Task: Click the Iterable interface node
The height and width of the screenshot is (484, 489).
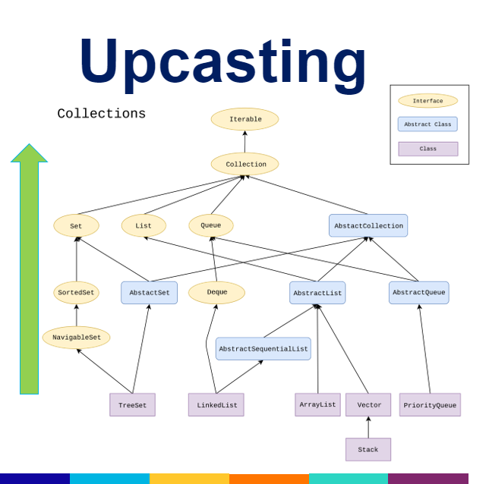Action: pyautogui.click(x=244, y=119)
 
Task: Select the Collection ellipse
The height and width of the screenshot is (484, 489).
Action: pyautogui.click(x=244, y=164)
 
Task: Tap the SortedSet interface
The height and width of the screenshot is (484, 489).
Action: pyautogui.click(x=76, y=293)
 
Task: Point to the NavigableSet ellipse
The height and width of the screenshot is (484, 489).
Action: pyautogui.click(x=76, y=338)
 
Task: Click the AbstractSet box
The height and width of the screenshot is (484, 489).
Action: pyautogui.click(x=149, y=293)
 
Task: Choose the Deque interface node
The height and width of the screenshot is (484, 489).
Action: pyautogui.click(x=216, y=293)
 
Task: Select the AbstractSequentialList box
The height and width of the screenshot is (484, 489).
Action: pyautogui.click(x=263, y=349)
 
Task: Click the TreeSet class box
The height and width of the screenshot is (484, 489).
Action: pyautogui.click(x=132, y=405)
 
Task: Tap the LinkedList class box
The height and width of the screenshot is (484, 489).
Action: pyautogui.click(x=216, y=405)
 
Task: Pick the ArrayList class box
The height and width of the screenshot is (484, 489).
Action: pyautogui.click(x=317, y=405)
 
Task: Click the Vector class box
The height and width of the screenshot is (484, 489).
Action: pyautogui.click(x=368, y=405)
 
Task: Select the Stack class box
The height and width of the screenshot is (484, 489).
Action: pyautogui.click(x=368, y=450)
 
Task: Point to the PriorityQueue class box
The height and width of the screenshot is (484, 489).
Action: pyautogui.click(x=430, y=405)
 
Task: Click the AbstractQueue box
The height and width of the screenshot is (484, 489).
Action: pyautogui.click(x=418, y=293)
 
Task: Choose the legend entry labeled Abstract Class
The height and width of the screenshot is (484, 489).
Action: pyautogui.click(x=427, y=124)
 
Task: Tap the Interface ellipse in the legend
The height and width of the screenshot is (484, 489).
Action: pyautogui.click(x=427, y=101)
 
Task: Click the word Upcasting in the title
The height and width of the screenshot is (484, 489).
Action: pyautogui.click(x=223, y=61)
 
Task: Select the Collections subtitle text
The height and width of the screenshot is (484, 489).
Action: pyautogui.click(x=101, y=114)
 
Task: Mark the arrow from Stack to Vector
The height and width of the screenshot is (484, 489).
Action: pyautogui.click(x=368, y=428)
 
